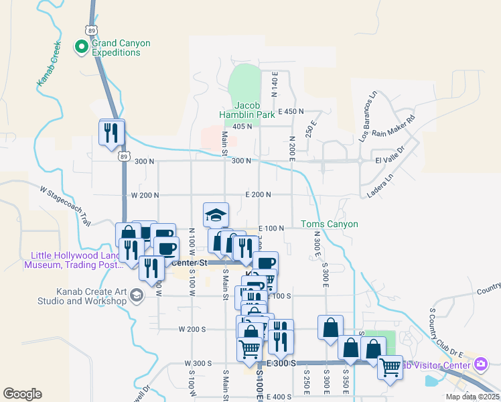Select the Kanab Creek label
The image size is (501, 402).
(48, 66)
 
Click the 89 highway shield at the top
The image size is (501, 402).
(91, 29)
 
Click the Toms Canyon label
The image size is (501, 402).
(329, 224)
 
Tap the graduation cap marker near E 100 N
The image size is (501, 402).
(216, 215)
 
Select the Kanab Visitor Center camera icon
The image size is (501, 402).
(480, 364)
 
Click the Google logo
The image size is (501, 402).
(23, 394)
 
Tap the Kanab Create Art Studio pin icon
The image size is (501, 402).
(137, 295)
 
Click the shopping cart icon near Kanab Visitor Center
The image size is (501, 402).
(390, 366)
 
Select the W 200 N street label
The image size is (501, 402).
(145, 195)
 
